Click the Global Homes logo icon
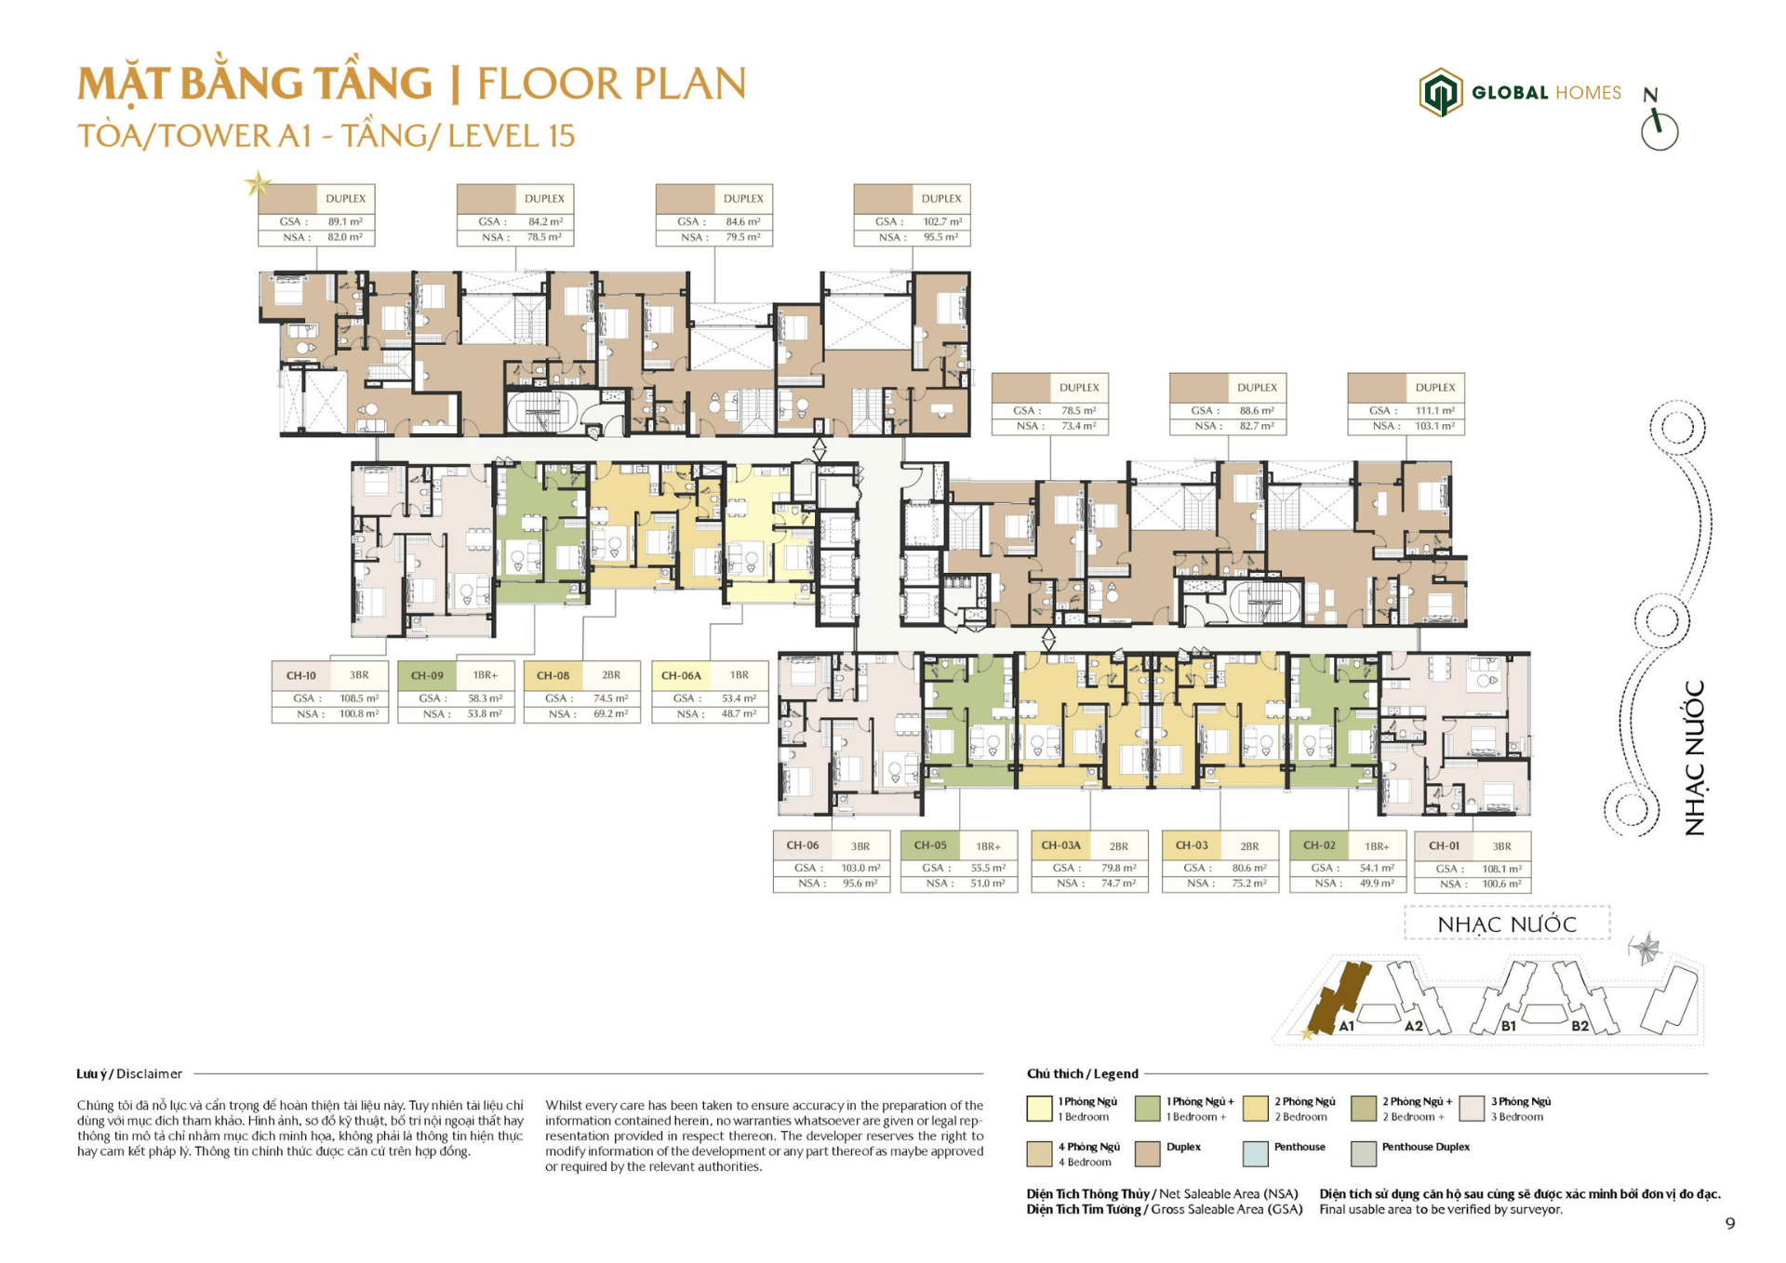(1440, 92)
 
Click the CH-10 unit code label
(300, 675)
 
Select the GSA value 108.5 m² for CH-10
(358, 698)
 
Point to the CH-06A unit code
(681, 675)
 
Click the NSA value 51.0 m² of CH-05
(987, 884)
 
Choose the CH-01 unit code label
(1444, 845)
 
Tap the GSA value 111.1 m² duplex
(1434, 410)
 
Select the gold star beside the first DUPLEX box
(258, 183)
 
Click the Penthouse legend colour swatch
(1255, 1153)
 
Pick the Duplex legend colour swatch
(1147, 1153)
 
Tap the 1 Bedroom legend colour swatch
(1039, 1108)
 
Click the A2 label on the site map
(1413, 1026)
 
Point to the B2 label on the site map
(1579, 1026)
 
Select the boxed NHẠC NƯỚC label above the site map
(1506, 924)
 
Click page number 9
(1729, 1223)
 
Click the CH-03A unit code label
(1060, 845)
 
